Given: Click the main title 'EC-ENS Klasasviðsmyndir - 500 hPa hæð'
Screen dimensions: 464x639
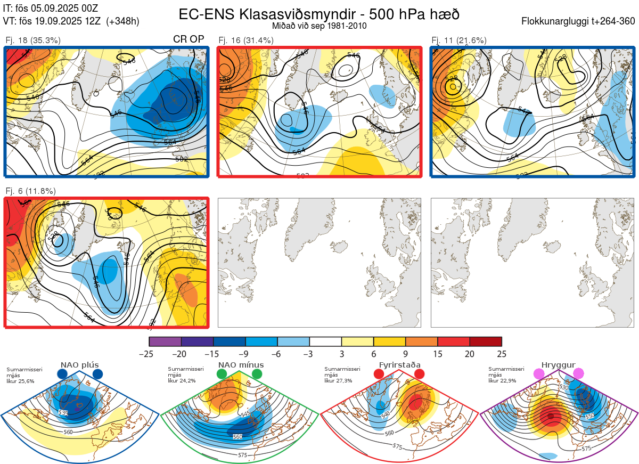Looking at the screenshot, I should tap(319, 14).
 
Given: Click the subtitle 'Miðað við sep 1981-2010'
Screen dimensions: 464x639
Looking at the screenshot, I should tap(319, 26).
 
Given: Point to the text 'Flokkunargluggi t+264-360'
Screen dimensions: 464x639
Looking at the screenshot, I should tap(579, 22).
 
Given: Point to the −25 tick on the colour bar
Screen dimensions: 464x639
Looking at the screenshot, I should tap(149, 354).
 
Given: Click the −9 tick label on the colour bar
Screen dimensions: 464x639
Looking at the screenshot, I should tap(245, 354).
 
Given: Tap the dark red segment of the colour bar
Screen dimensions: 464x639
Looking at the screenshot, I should tap(486, 341).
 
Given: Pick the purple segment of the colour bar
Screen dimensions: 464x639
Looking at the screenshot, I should tap(165, 341).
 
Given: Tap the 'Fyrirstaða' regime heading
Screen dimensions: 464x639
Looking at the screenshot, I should tap(399, 365).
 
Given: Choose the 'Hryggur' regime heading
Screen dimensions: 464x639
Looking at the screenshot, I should tap(559, 365).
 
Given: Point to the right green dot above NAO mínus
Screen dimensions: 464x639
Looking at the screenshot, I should tap(258, 374).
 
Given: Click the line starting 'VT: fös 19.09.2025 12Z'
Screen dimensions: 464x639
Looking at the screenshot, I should tap(71, 21).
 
